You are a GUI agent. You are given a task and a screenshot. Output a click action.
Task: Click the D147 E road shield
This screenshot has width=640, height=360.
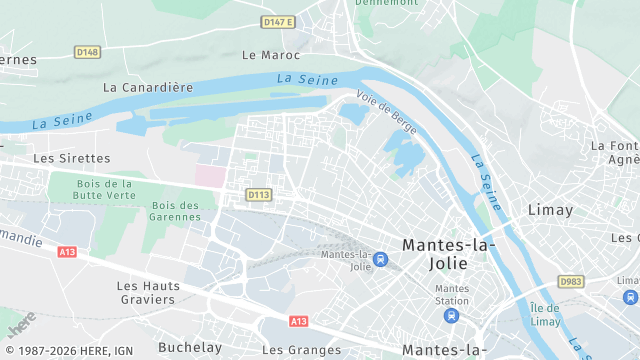[x=277, y=21]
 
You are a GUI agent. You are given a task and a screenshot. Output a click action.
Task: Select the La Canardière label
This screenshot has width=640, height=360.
[x=148, y=87]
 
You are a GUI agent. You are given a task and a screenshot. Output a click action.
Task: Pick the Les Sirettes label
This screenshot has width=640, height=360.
[x=71, y=158]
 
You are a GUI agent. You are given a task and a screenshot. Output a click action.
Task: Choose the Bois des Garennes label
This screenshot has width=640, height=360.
[x=175, y=211]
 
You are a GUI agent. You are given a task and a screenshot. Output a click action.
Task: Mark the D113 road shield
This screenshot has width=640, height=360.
[x=258, y=194]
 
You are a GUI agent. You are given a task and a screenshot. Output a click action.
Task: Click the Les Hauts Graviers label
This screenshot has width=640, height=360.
[x=148, y=292]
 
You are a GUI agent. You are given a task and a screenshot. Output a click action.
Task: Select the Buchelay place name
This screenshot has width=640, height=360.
[x=190, y=349]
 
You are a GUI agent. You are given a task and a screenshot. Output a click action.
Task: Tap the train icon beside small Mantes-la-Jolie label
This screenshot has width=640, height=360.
[x=380, y=260]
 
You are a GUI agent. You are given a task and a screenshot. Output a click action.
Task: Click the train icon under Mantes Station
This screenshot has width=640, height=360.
[x=451, y=316]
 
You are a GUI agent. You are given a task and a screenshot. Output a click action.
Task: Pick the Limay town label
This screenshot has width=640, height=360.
[x=550, y=210]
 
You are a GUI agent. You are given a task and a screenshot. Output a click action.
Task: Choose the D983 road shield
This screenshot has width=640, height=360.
[x=571, y=282]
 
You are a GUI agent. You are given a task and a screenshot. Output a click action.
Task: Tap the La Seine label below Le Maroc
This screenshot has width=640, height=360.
[x=301, y=78]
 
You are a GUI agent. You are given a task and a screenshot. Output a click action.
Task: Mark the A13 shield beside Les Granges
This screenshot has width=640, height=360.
[x=298, y=321]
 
